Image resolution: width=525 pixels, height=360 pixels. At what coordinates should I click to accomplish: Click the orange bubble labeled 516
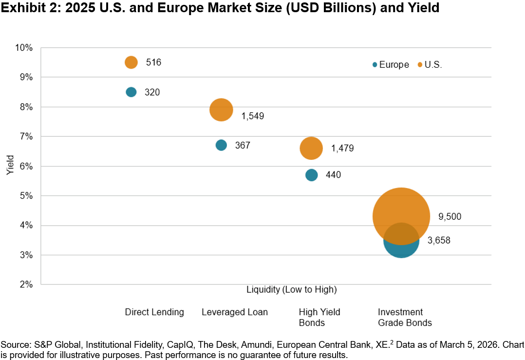tap(131, 62)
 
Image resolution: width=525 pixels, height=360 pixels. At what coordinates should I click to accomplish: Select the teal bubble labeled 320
tap(131, 92)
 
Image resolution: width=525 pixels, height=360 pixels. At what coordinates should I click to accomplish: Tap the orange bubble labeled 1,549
tap(221, 110)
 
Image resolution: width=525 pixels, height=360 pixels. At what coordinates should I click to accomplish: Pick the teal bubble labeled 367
tap(221, 145)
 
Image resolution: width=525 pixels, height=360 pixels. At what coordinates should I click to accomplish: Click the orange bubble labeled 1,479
tap(311, 148)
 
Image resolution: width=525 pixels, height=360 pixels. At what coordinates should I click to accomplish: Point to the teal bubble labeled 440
tap(312, 175)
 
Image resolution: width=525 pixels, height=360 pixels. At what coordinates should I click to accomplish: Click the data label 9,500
tap(450, 217)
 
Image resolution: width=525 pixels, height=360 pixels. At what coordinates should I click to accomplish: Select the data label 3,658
tap(439, 240)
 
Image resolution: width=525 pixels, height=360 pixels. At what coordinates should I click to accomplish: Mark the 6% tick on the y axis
tap(25, 166)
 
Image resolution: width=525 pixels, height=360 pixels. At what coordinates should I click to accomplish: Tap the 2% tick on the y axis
tap(25, 284)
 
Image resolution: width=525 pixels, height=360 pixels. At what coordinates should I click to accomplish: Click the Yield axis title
tap(10, 166)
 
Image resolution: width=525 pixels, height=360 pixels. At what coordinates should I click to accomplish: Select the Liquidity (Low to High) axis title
tap(292, 289)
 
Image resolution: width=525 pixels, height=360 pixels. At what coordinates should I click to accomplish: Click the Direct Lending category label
tap(154, 312)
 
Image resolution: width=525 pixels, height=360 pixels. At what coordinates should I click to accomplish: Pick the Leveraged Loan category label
tap(235, 312)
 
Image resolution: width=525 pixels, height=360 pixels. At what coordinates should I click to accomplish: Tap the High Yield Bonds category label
tap(319, 317)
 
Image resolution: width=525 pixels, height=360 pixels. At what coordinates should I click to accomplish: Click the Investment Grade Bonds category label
tap(405, 317)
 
